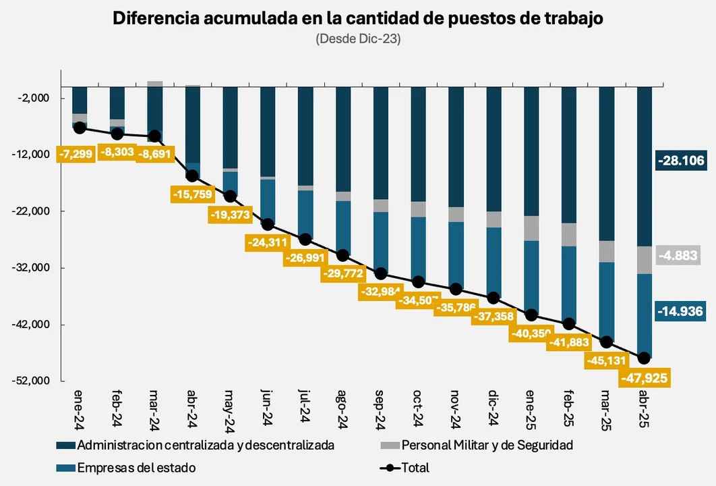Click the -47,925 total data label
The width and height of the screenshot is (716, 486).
pyautogui.click(x=645, y=378)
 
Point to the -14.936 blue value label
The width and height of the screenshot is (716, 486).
pyautogui.click(x=680, y=311)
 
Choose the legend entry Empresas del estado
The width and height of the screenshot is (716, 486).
pyautogui.click(x=136, y=468)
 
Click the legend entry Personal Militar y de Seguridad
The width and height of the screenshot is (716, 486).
pyautogui.click(x=487, y=446)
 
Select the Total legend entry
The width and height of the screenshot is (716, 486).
pyautogui.click(x=415, y=468)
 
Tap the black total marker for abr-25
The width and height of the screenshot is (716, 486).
pyautogui.click(x=644, y=358)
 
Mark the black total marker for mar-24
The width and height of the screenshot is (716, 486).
pyautogui.click(x=154, y=136)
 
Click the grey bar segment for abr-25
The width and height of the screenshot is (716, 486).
pyautogui.click(x=644, y=260)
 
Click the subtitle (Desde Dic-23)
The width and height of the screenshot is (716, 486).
pyautogui.click(x=358, y=39)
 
